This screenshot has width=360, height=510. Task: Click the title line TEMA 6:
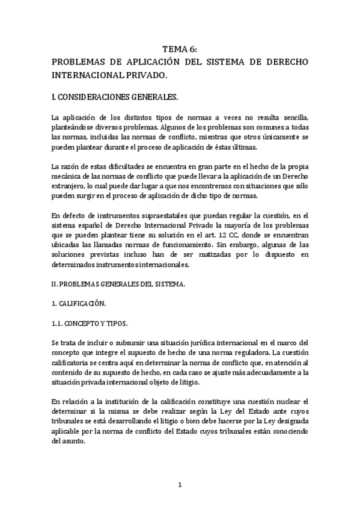(x=180, y=51)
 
